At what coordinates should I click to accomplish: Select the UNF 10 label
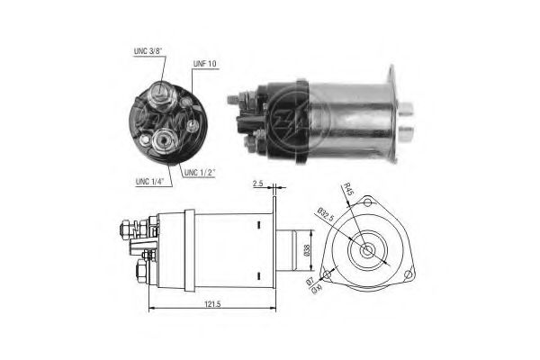(205, 64)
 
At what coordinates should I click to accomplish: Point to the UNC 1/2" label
(200, 171)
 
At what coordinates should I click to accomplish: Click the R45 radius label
(347, 189)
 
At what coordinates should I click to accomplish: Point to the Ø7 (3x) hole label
(315, 286)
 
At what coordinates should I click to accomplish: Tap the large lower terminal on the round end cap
(166, 139)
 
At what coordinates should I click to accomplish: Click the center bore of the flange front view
(369, 249)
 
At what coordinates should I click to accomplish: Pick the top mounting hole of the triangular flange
(369, 205)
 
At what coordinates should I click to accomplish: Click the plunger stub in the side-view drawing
(289, 249)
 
